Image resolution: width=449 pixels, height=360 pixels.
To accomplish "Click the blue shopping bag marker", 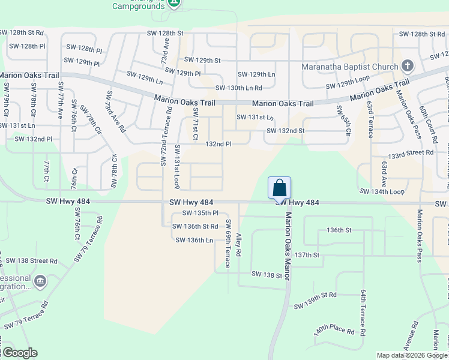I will click(x=279, y=188).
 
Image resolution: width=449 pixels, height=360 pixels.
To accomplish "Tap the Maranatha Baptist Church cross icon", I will click(x=407, y=65).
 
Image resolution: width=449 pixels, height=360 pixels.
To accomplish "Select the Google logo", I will click(x=20, y=353).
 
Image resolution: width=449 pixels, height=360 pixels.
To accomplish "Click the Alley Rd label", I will click(x=239, y=245).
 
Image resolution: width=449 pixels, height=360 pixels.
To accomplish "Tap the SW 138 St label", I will click(x=267, y=274).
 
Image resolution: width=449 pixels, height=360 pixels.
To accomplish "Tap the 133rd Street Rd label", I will click(x=410, y=154).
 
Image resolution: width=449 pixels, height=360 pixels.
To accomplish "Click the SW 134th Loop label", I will click(x=382, y=191).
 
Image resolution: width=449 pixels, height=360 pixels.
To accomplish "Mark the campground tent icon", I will click(x=173, y=3).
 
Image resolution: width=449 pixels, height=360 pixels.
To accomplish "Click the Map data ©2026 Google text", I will click(x=411, y=355).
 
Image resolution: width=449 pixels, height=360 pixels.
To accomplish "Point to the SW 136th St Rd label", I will click(x=195, y=226).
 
